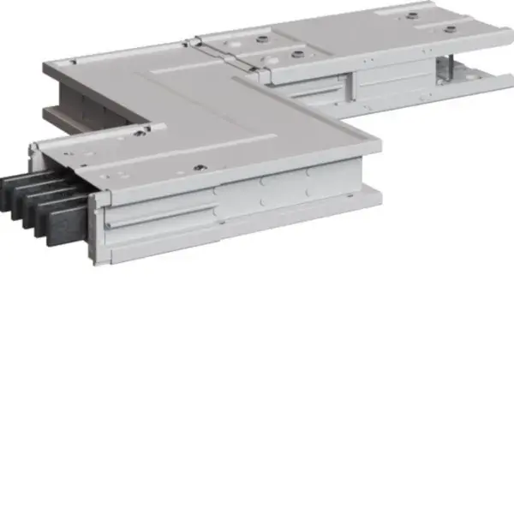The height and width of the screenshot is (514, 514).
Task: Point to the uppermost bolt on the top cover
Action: coord(412,15)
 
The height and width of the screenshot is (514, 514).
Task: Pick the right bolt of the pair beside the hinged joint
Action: coord(297,53)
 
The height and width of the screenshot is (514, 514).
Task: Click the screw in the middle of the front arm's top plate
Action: coord(199,169)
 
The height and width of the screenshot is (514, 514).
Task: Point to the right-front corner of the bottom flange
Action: coord(380,206)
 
